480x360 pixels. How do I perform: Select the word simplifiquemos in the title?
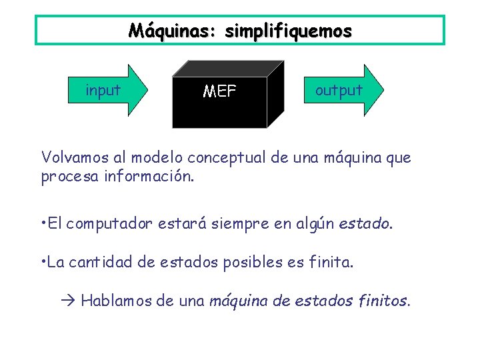pyautogui.click(x=288, y=31)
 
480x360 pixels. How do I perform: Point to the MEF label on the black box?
pyautogui.click(x=219, y=91)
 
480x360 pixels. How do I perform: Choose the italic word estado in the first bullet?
pyautogui.click(x=365, y=224)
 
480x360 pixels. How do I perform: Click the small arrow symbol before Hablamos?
pyautogui.click(x=71, y=301)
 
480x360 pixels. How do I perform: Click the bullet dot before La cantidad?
pyautogui.click(x=43, y=262)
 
